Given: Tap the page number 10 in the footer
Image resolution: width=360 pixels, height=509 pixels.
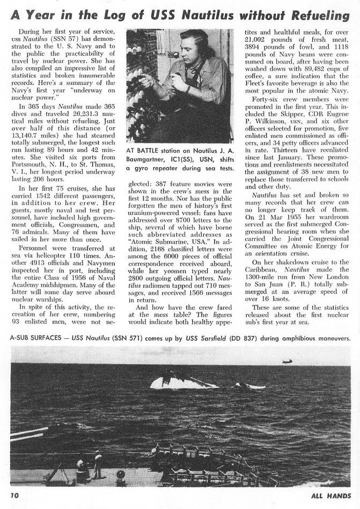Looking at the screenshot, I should (14, 495).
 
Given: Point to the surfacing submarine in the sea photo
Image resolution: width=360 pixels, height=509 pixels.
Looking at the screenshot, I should (177, 382).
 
